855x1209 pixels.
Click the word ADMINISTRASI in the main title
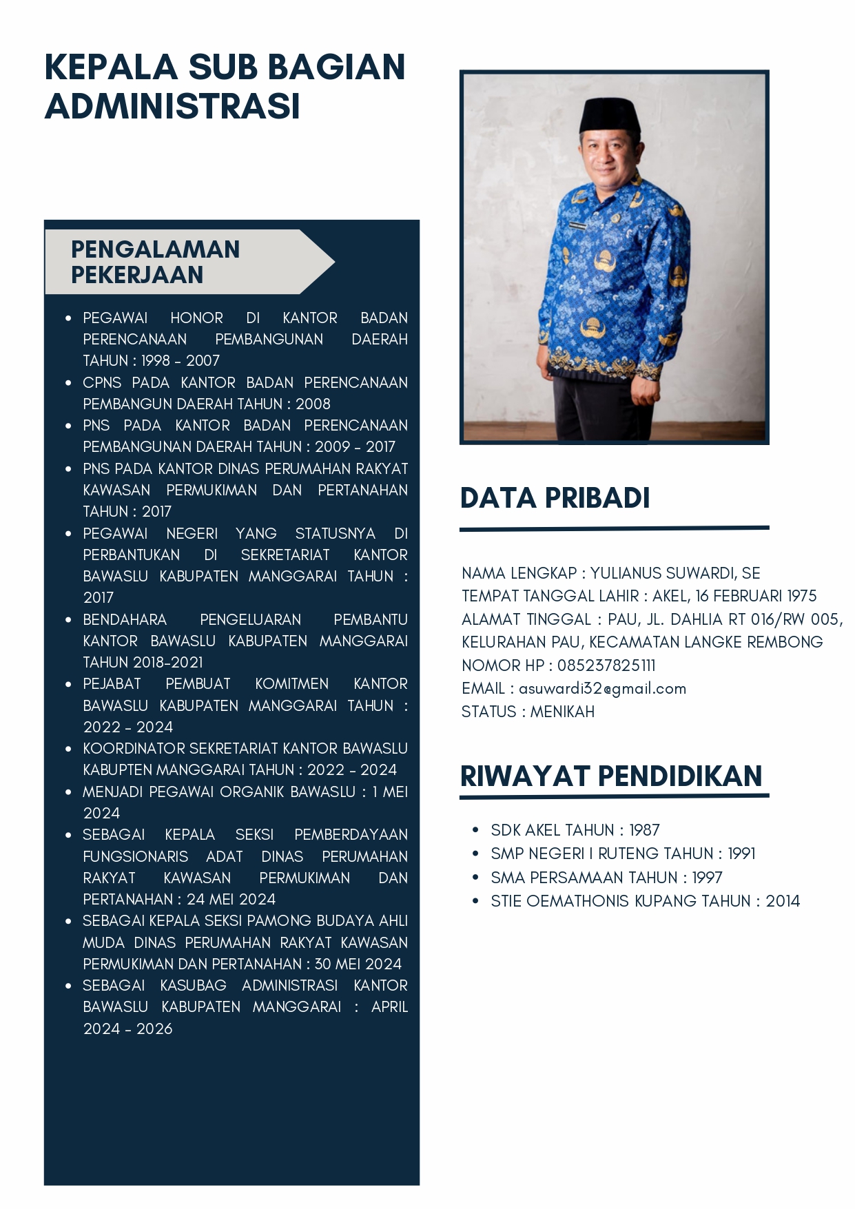tap(172, 106)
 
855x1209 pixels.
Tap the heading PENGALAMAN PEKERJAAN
tap(156, 262)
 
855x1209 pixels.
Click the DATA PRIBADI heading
tap(555, 498)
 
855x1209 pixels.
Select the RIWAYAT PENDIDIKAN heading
tap(611, 776)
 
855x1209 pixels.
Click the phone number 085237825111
tap(606, 665)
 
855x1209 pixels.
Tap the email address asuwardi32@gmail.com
tap(602, 689)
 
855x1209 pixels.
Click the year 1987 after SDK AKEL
tap(644, 830)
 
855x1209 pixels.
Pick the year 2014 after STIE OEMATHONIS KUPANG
tap(783, 901)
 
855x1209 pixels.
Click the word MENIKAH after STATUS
tap(562, 712)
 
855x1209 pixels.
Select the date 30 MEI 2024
tap(358, 964)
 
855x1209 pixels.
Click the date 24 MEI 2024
tap(231, 899)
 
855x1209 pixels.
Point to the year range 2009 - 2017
tap(355, 446)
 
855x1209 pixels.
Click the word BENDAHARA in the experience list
tap(125, 619)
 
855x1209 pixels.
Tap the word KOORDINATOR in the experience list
tap(134, 748)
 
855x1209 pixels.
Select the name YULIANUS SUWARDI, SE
tap(675, 573)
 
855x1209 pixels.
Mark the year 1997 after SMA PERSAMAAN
tap(707, 878)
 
